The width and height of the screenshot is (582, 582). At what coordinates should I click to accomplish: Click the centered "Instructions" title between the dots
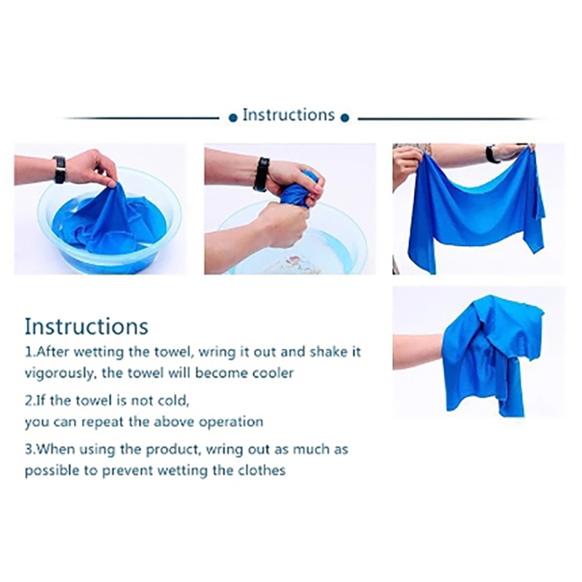288,115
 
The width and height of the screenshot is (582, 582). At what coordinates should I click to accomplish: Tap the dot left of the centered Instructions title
233,118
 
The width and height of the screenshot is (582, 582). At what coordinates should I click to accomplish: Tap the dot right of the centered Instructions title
345,118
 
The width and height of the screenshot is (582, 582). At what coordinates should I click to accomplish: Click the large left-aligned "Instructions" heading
87,327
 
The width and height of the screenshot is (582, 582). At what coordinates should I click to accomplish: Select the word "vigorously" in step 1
59,373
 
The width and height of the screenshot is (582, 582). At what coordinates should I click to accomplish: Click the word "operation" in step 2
231,422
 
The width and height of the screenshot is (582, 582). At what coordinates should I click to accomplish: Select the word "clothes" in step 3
263,470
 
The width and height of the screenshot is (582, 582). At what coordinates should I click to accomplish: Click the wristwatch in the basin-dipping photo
60,170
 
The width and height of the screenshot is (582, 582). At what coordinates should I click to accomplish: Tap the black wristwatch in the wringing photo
261,174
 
